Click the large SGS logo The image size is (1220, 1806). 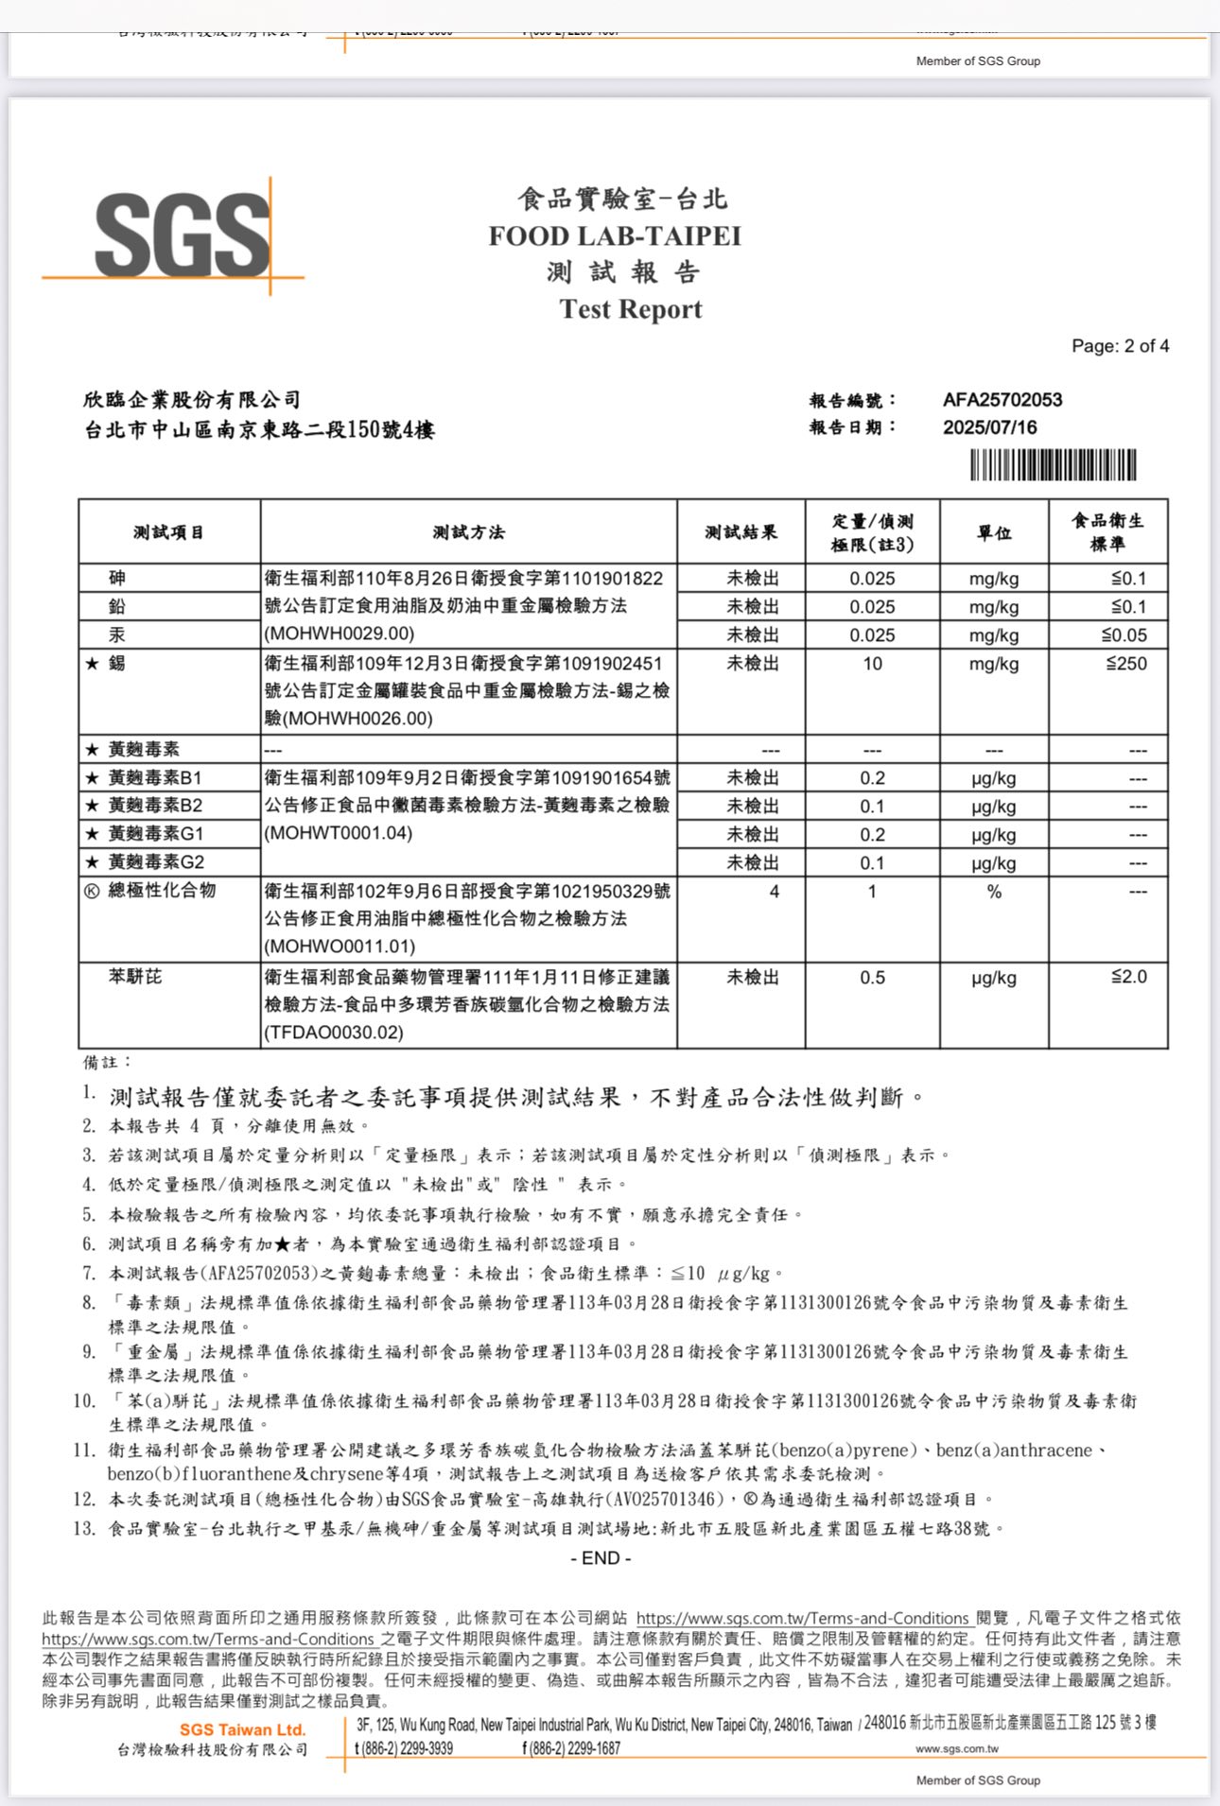[182, 235]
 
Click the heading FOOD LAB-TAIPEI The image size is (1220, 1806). [615, 236]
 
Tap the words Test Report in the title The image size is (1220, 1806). [631, 309]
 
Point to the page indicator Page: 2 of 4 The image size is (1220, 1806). [1120, 346]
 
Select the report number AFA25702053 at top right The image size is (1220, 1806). [1002, 400]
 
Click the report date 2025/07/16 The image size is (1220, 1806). [989, 427]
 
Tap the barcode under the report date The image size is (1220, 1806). [1053, 465]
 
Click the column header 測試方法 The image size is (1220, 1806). [468, 532]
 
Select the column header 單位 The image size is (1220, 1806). [993, 532]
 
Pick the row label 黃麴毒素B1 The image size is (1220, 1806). [154, 778]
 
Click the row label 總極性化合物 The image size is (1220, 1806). [162, 891]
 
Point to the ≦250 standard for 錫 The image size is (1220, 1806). [1126, 664]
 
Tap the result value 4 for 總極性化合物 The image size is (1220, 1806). [775, 892]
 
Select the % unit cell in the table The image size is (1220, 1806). [994, 892]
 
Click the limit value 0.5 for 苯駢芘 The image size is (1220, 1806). [872, 978]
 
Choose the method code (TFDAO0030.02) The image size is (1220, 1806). [334, 1033]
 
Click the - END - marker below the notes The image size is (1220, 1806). [601, 1558]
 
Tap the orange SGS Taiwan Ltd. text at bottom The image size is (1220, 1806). [243, 1729]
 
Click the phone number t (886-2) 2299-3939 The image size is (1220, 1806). [404, 1748]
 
